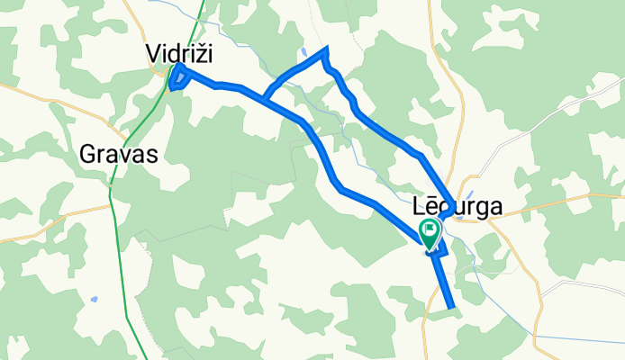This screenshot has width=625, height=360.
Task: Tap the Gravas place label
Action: click(x=119, y=154)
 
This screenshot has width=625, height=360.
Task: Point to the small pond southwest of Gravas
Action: click(x=94, y=299)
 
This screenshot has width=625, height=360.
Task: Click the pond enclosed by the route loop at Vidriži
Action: click(x=177, y=78)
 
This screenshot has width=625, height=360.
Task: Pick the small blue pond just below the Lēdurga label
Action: click(x=462, y=217)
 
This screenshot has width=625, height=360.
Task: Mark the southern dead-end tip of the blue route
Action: click(x=451, y=310)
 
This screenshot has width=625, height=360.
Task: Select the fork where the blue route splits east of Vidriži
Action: click(x=265, y=96)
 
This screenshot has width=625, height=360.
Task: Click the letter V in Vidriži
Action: click(x=154, y=54)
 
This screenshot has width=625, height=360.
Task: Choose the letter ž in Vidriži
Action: click(x=198, y=54)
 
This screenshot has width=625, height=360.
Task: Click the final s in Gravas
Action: click(x=152, y=155)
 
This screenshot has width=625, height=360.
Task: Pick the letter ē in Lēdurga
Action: click(x=433, y=206)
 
